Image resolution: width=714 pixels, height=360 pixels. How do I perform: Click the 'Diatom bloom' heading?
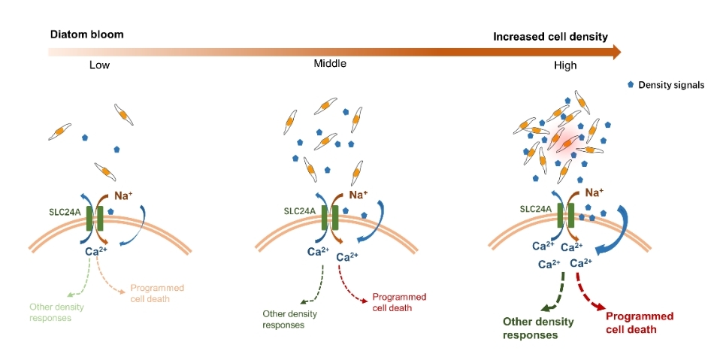pyautogui.click(x=86, y=35)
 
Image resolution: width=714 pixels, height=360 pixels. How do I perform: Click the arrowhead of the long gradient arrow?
pyautogui.click(x=616, y=51)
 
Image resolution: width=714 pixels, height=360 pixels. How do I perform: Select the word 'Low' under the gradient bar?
pyautogui.click(x=99, y=65)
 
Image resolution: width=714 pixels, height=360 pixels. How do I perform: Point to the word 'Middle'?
pyautogui.click(x=330, y=64)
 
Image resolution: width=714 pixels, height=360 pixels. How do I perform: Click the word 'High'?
pyautogui.click(x=565, y=65)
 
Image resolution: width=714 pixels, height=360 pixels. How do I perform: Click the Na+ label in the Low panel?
pyautogui.click(x=126, y=195)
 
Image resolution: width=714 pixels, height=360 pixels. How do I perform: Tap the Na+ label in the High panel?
pyautogui.click(x=595, y=192)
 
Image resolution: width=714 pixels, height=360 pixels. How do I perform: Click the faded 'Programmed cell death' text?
pyautogui.click(x=157, y=293)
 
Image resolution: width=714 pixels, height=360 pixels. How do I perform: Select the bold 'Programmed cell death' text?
pyautogui.click(x=639, y=322)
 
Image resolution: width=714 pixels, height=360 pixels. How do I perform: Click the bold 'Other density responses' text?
pyautogui.click(x=537, y=328)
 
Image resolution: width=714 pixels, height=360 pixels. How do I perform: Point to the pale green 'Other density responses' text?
pyautogui.click(x=56, y=312)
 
